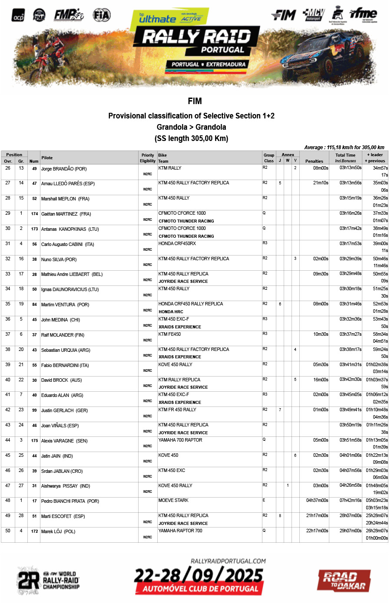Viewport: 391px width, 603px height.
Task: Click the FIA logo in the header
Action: pyautogui.click(x=102, y=15)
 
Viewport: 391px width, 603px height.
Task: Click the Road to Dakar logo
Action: pyautogui.click(x=344, y=580)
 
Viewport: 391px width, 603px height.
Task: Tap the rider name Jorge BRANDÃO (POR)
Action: pyautogui.click(x=64, y=169)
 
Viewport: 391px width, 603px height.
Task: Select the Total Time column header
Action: pyautogui.click(x=345, y=155)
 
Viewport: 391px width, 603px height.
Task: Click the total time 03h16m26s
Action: pyautogui.click(x=350, y=213)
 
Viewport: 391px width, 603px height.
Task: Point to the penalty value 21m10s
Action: pyautogui.click(x=321, y=183)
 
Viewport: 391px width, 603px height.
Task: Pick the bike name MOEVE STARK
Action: pyautogui.click(x=173, y=501)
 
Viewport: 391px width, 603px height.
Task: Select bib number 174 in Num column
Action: pyautogui.click(x=35, y=214)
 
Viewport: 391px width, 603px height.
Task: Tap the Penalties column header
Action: pyautogui.click(x=314, y=161)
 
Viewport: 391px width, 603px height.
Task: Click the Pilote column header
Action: pyautogui.click(x=47, y=158)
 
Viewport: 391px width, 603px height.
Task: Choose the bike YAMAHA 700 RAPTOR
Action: pyautogui.click(x=180, y=440)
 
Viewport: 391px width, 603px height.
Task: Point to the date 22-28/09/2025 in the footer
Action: pyautogui.click(x=199, y=576)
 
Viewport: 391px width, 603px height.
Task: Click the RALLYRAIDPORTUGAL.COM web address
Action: pyautogui.click(x=228, y=561)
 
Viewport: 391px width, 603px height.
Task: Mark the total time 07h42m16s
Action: pyautogui.click(x=350, y=501)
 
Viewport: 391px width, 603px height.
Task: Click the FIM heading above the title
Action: pyautogui.click(x=195, y=101)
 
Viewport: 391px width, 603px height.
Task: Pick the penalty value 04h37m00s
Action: pyautogui.click(x=317, y=501)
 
